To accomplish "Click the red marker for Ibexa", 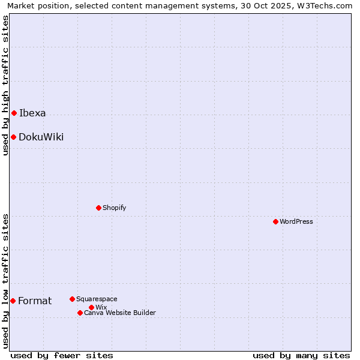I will (14, 113).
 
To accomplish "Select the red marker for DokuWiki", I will (13, 137).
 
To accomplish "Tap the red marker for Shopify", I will (98, 208).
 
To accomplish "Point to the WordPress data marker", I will (275, 221).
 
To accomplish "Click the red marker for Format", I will (13, 301).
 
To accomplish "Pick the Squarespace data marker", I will (72, 299).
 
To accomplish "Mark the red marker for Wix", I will (91, 307).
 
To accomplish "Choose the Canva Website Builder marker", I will (80, 313).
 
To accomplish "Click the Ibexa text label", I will (32, 113).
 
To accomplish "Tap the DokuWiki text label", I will (41, 137).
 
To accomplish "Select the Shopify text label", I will (114, 208).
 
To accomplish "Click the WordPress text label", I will (296, 221).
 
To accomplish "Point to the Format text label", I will (35, 301).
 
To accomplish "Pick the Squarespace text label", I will (97, 299).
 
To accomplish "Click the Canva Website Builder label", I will (120, 313).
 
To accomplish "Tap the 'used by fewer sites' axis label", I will (62, 355).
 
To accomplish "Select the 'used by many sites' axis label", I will (301, 355).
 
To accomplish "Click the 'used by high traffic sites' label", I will (6, 85).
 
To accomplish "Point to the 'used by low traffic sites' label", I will (6, 281).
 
